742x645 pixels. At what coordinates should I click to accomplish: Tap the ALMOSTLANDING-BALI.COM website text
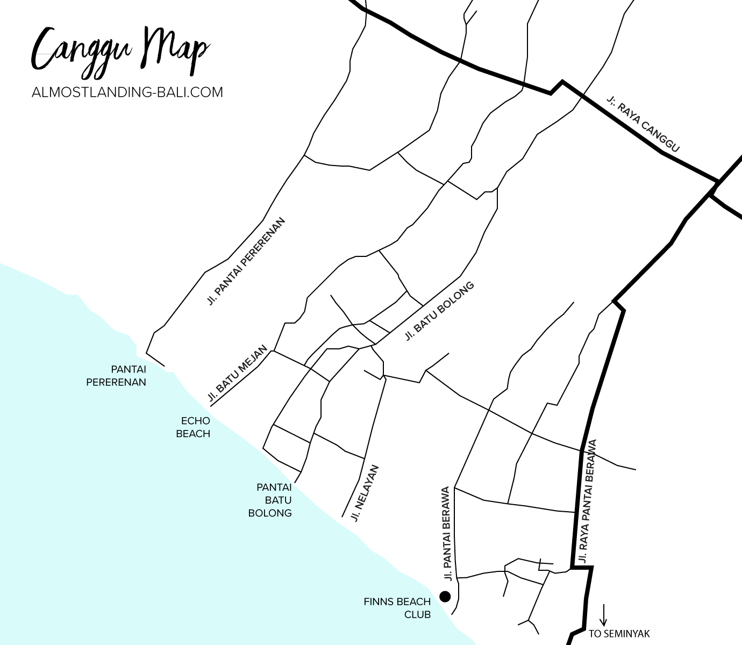click(127, 92)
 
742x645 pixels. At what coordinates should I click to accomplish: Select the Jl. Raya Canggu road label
click(643, 124)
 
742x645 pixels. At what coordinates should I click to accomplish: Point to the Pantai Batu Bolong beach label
click(270, 500)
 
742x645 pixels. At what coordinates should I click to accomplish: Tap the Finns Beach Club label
click(397, 607)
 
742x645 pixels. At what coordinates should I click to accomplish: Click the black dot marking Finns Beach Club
click(445, 596)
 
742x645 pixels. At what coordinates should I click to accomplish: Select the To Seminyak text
click(619, 634)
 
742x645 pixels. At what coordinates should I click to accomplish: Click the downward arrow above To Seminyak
click(604, 615)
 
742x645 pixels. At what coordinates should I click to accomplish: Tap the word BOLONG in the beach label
click(270, 513)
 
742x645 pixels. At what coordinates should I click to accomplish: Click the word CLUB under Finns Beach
click(418, 614)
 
